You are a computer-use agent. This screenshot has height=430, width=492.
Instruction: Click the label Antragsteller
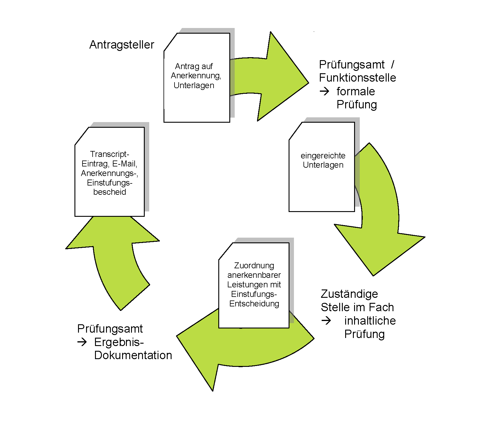122,45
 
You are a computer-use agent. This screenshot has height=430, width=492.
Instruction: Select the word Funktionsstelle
357,78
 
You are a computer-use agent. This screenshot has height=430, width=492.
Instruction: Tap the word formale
356,91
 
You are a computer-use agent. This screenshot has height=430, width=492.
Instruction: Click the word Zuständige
349,294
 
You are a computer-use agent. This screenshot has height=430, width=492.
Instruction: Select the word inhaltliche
370,321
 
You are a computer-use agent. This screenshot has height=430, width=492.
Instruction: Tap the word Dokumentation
133,355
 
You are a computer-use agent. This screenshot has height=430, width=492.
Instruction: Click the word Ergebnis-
119,342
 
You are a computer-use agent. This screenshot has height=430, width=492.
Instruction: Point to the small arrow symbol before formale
324,91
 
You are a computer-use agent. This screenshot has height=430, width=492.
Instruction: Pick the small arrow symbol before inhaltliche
326,321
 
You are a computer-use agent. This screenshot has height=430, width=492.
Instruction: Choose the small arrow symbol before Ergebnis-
82,342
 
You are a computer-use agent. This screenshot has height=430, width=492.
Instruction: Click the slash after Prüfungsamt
393,64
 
